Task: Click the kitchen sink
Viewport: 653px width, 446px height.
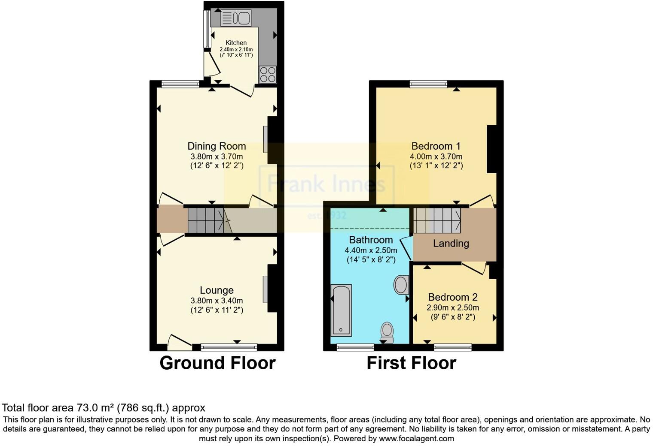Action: pyautogui.click(x=235, y=18)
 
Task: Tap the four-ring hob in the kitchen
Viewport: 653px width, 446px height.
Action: pyautogui.click(x=268, y=74)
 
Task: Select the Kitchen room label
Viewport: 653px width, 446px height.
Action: pyautogui.click(x=236, y=43)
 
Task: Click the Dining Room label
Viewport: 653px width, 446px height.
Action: pyautogui.click(x=217, y=146)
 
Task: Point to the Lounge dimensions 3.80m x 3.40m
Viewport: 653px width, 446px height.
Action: pyautogui.click(x=217, y=301)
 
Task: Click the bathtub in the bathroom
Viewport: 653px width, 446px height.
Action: pyautogui.click(x=341, y=310)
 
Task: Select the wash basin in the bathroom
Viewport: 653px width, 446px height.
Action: pyautogui.click(x=401, y=285)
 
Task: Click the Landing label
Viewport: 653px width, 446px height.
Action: pyautogui.click(x=451, y=244)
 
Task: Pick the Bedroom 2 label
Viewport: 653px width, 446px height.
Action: pyautogui.click(x=453, y=297)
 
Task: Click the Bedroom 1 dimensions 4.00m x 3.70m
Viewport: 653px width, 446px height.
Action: pyautogui.click(x=436, y=157)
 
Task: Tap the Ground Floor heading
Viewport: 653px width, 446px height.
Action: pyautogui.click(x=217, y=363)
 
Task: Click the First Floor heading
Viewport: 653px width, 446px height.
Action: pyautogui.click(x=411, y=363)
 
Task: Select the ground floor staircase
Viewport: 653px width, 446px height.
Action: pyautogui.click(x=206, y=220)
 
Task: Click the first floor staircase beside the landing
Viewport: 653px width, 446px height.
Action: pyautogui.click(x=436, y=220)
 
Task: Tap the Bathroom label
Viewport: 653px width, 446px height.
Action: pyautogui.click(x=371, y=240)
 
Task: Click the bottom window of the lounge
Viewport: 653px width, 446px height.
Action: pyautogui.click(x=229, y=347)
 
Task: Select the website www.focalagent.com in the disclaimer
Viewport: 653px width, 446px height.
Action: pyautogui.click(x=416, y=439)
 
